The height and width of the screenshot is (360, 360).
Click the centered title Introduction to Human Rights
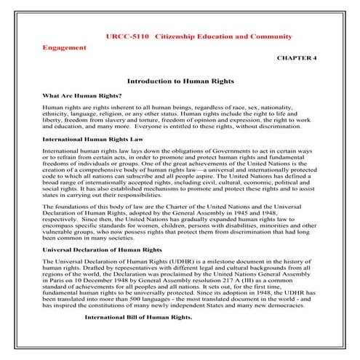[179, 82]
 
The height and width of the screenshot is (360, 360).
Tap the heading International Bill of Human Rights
[139, 337]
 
